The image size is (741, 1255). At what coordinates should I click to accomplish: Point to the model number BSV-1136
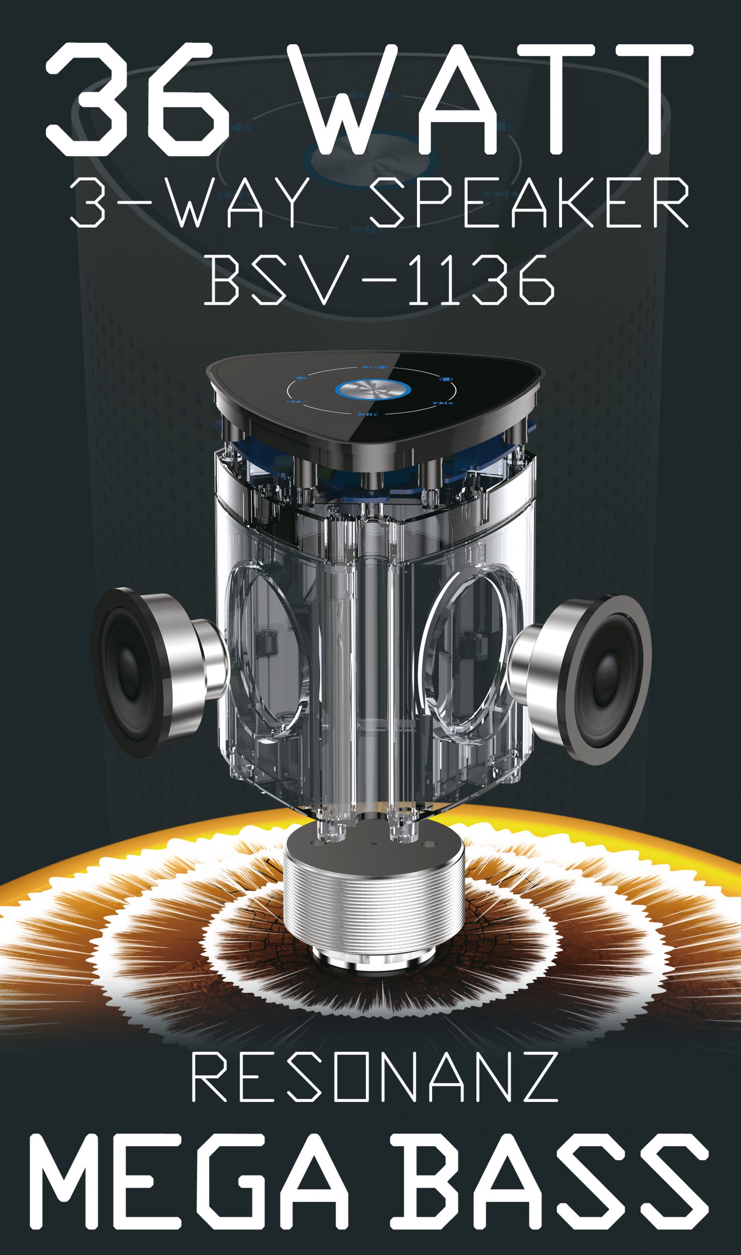pos(379,279)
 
